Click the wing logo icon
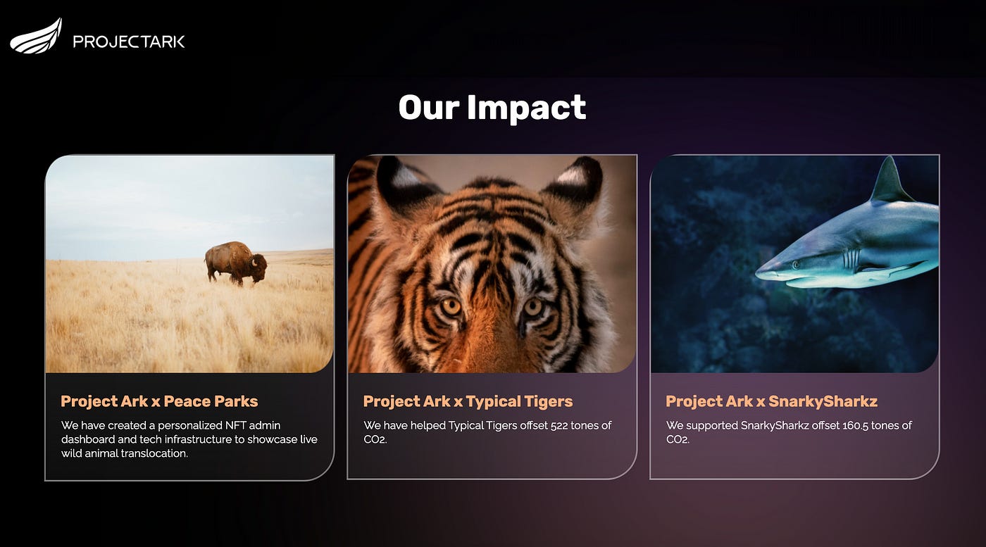[35, 37]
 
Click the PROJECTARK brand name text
[129, 42]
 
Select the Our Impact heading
[492, 108]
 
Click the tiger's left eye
[451, 306]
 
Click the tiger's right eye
[533, 306]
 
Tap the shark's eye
[795, 265]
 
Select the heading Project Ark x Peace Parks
[159, 401]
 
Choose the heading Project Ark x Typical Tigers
[468, 401]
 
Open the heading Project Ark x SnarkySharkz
[771, 401]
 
